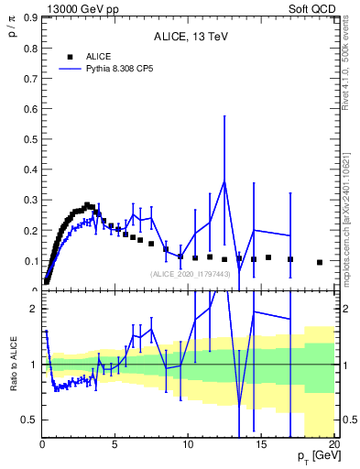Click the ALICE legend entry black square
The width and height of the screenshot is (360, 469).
pyautogui.click(x=70, y=56)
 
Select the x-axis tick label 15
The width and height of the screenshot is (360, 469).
pyautogui.click(x=260, y=445)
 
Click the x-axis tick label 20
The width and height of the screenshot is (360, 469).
pyautogui.click(x=333, y=445)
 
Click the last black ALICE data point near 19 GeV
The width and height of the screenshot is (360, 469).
pyautogui.click(x=320, y=262)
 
